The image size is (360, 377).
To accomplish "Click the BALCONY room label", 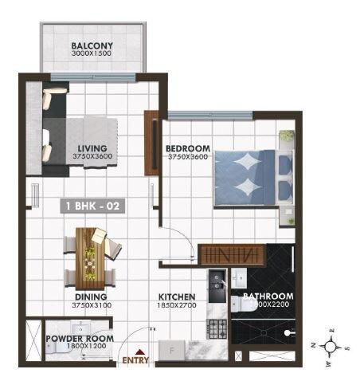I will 92,45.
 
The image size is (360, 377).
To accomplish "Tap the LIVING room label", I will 92,147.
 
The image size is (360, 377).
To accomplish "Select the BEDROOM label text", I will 188,148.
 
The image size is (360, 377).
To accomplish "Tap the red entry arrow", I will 140,351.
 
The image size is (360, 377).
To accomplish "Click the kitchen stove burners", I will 216,328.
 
